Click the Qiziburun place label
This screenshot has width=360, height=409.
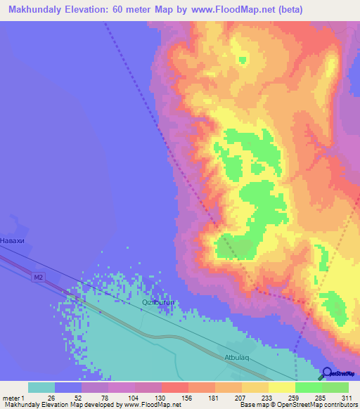click(x=157, y=302)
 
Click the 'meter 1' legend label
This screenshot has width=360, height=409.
click(x=13, y=398)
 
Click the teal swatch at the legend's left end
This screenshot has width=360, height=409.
click(x=41, y=387)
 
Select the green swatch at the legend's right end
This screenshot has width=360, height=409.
click(x=335, y=387)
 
